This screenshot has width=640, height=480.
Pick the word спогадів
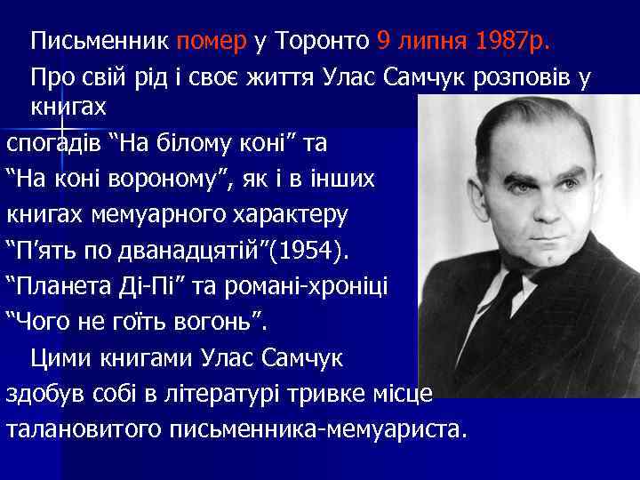[x=54, y=145]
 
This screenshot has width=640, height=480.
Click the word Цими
[x=61, y=359]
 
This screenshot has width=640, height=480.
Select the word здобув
[x=45, y=394]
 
